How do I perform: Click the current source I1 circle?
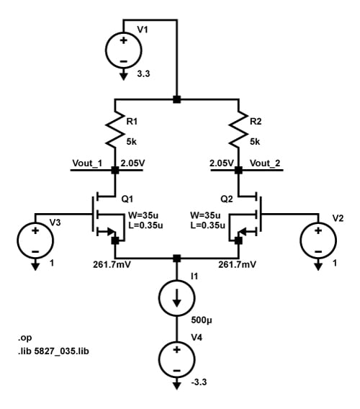click(x=176, y=297)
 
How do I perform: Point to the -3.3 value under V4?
click(x=197, y=382)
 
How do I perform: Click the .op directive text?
click(x=24, y=337)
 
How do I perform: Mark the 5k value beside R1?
click(x=132, y=141)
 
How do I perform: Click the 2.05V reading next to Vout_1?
click(x=133, y=163)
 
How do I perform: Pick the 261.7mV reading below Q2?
click(x=237, y=264)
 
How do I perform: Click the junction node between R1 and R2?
click(x=176, y=99)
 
